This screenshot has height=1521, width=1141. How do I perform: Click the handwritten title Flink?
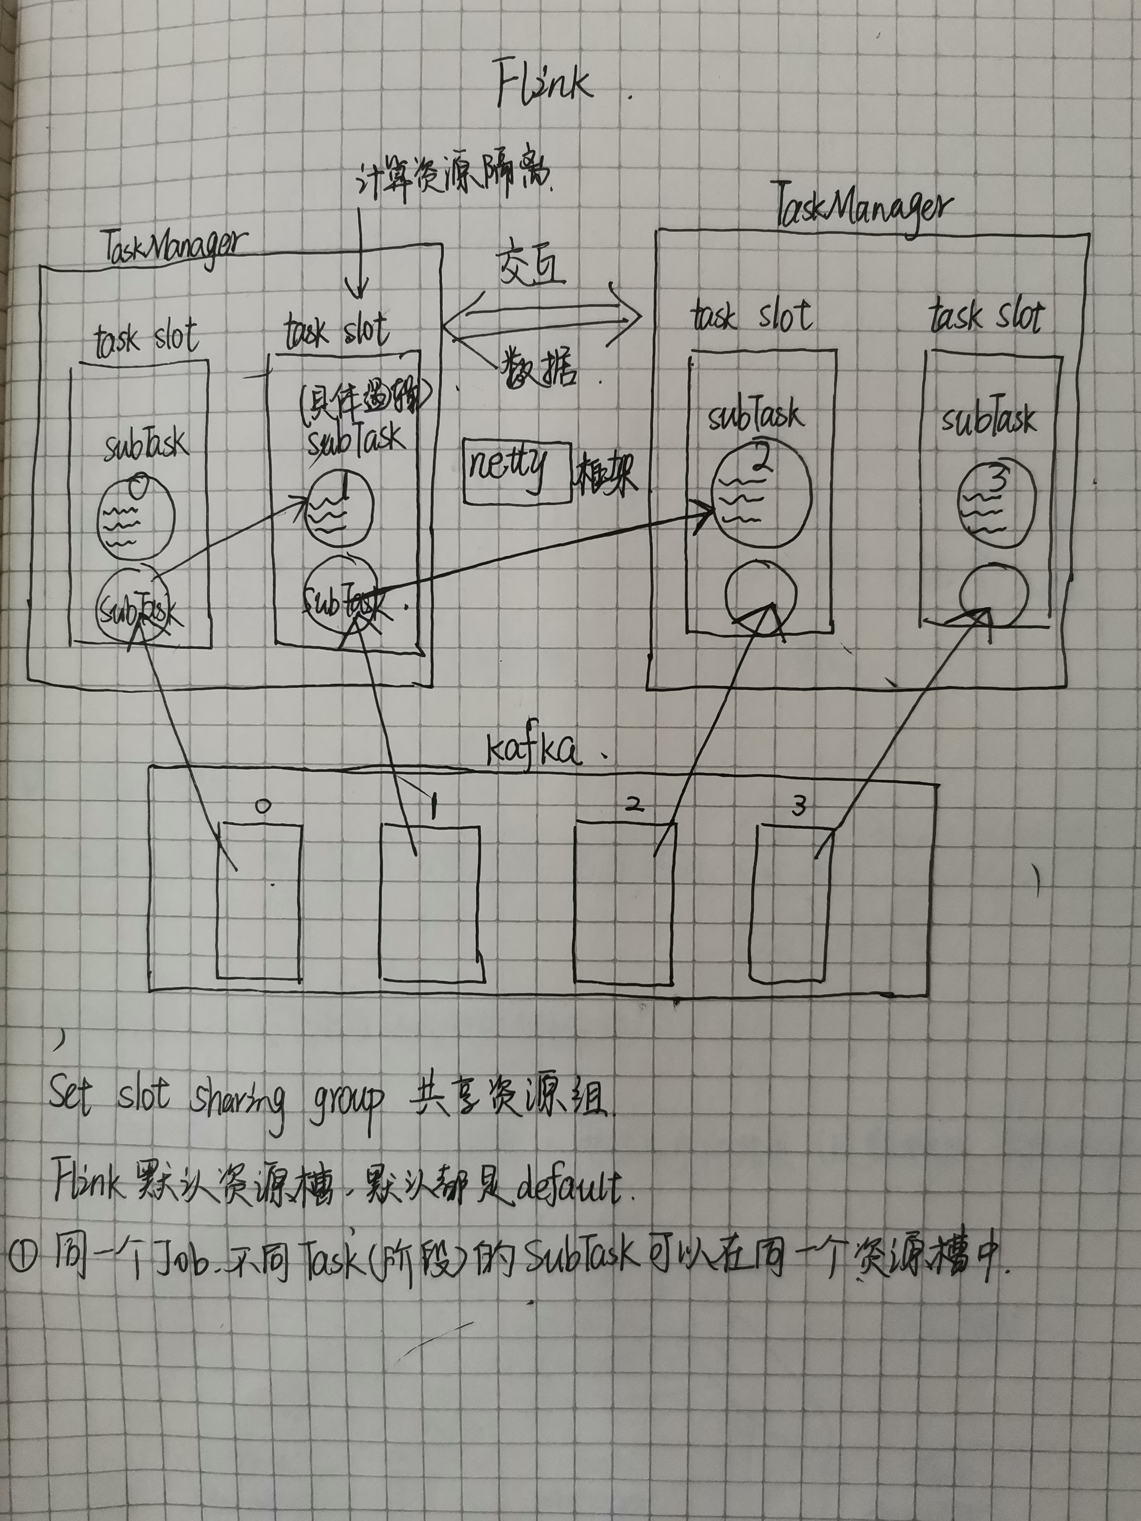tap(543, 84)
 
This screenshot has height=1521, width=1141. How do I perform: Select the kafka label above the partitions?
tap(533, 749)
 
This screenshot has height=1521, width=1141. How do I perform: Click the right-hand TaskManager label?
tap(863, 206)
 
